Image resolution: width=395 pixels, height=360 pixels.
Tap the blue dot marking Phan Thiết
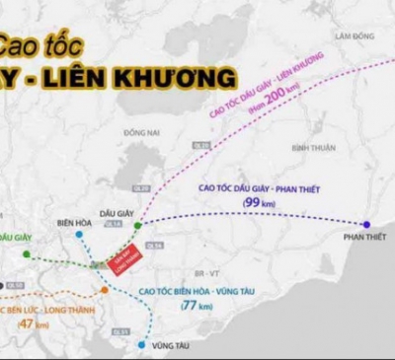pos(366,225)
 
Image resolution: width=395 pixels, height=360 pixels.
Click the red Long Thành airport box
pos(124,255)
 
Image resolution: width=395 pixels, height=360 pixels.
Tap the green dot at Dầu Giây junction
pos(138,225)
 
